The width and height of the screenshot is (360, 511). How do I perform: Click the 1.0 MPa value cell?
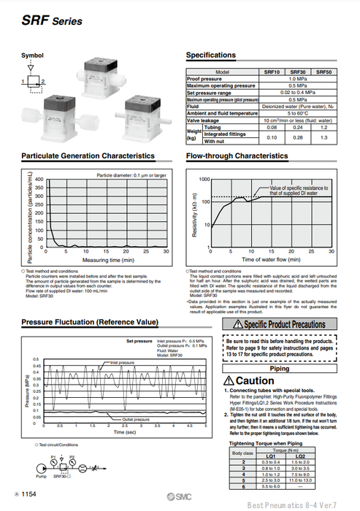pyautogui.click(x=297, y=79)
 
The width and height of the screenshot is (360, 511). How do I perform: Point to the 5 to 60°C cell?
pyautogui.click(x=297, y=113)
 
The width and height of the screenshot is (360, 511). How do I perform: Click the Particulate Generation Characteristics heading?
pyautogui.click(x=88, y=155)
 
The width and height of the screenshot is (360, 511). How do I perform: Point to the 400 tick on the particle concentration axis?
pyautogui.click(x=39, y=180)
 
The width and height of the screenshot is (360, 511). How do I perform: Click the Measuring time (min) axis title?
pyautogui.click(x=107, y=260)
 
